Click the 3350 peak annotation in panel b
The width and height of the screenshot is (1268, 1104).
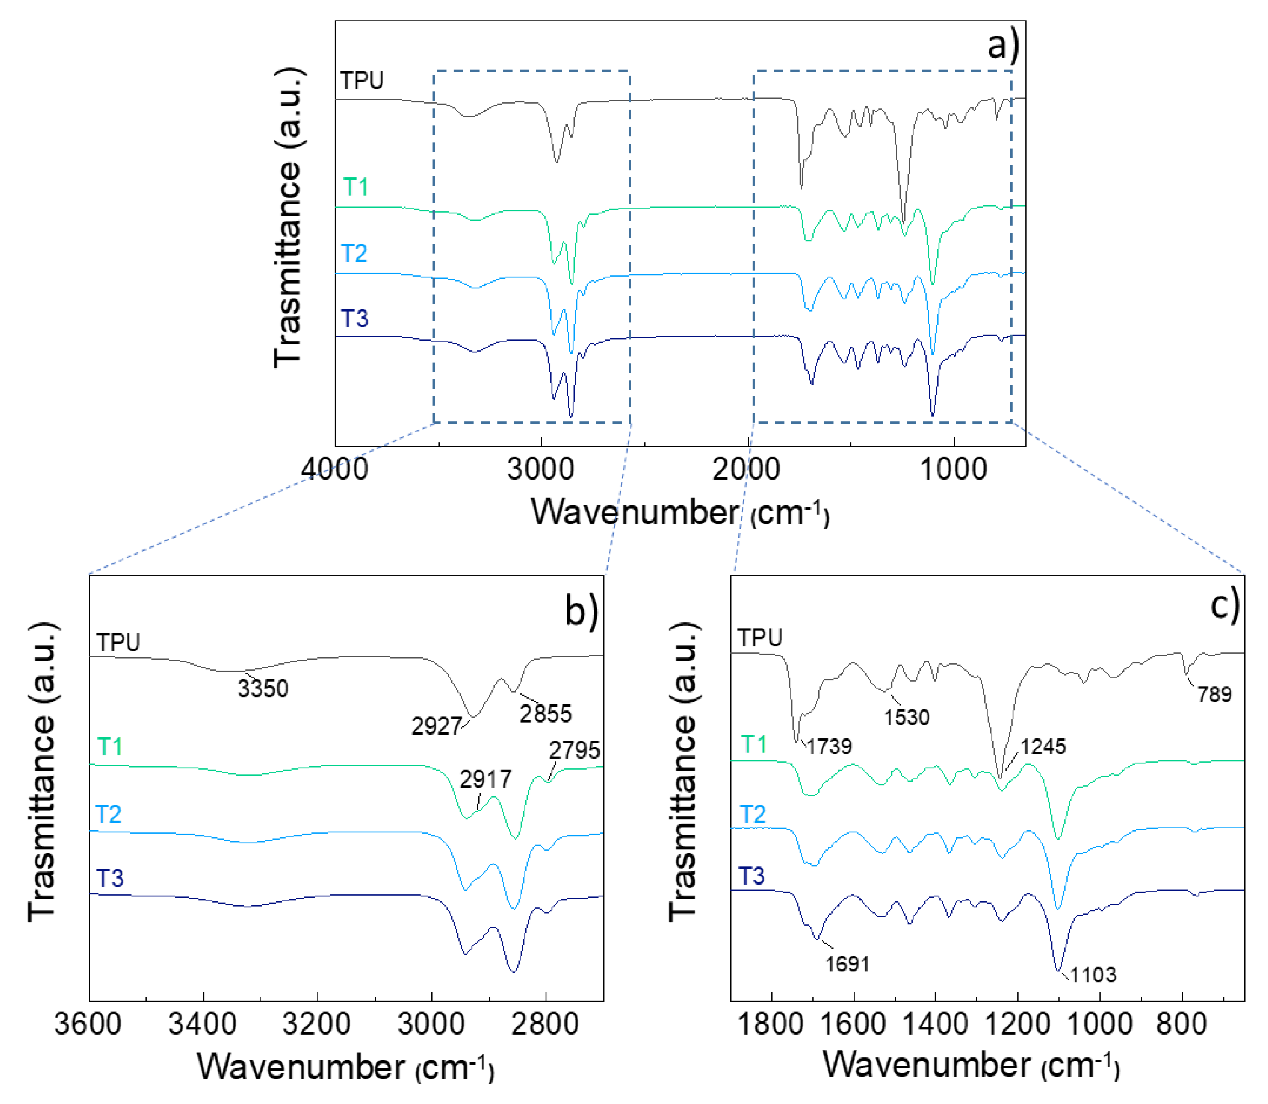263,688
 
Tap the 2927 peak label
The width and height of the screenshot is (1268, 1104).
436,726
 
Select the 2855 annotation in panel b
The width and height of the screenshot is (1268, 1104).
546,714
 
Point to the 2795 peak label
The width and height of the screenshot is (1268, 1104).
574,750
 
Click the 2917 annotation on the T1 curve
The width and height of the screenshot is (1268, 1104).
485,780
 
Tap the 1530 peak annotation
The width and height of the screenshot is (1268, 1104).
907,717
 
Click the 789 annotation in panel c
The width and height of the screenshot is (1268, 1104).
1215,695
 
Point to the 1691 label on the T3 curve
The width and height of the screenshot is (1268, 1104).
847,964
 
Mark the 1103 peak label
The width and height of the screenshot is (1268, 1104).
1093,975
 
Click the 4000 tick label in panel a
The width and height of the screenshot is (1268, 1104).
334,469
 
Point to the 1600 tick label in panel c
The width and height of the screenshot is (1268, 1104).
853,1024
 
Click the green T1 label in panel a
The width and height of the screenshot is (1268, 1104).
355,187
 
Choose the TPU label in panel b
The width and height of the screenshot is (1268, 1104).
118,643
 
